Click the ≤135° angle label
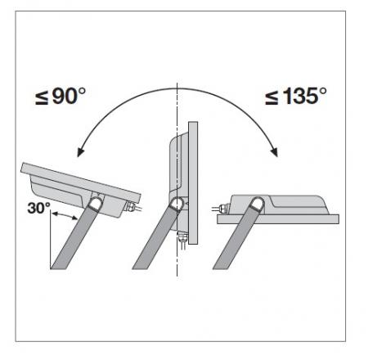[295, 97]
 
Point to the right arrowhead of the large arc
[274, 154]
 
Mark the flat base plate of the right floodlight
[278, 218]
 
